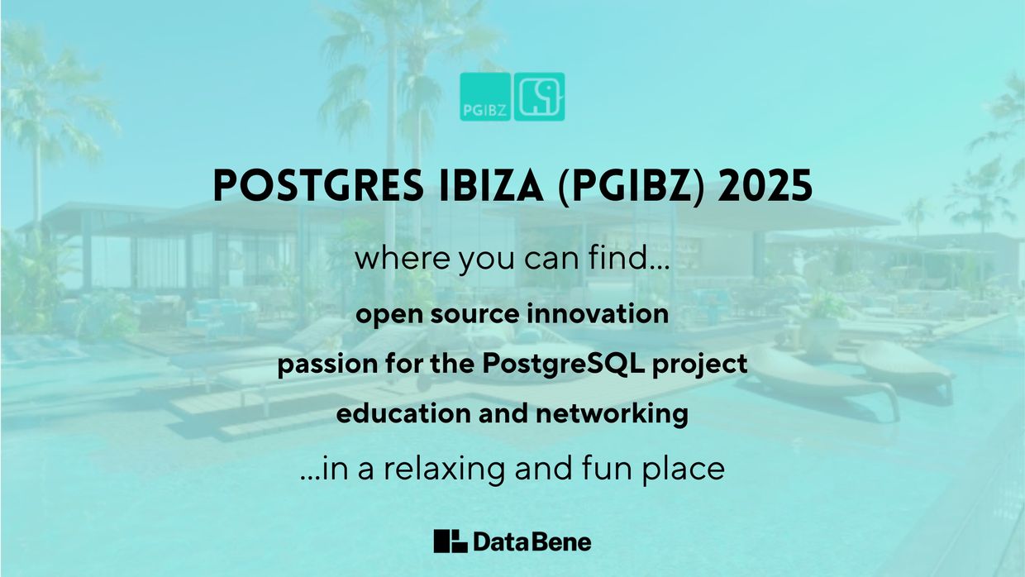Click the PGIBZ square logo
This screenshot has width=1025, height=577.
point(485,97)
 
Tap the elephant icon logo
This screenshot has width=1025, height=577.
point(539,97)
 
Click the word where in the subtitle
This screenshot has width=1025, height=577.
point(394,260)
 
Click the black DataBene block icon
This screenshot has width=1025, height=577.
point(451,541)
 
